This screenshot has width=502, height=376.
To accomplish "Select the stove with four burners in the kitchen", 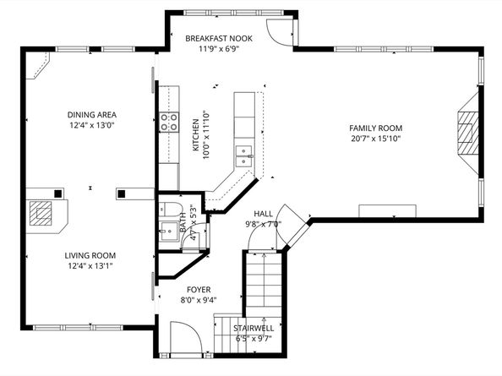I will pyautogui.click(x=170, y=122).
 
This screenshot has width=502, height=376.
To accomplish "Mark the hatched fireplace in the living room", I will pyautogui.click(x=43, y=215).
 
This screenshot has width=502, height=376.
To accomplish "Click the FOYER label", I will pyautogui.click(x=199, y=289).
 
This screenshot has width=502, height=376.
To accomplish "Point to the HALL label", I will pyautogui.click(x=263, y=214).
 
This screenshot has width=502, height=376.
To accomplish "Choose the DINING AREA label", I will pyautogui.click(x=92, y=114).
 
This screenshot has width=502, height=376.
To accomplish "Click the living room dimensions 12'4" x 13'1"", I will pyautogui.click(x=90, y=265).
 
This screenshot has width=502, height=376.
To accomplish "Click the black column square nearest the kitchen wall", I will pyautogui.click(x=122, y=193).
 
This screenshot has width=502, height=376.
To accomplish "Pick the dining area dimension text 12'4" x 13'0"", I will pyautogui.click(x=92, y=125).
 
